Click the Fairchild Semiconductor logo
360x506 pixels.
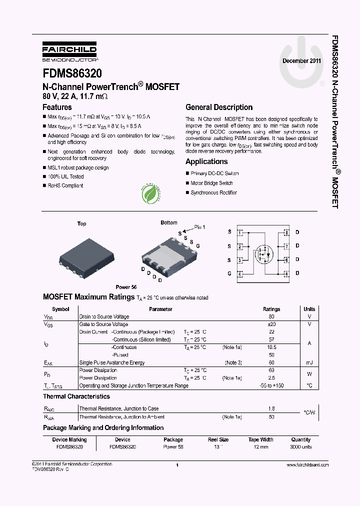point(69,52)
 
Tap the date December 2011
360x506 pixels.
point(302,60)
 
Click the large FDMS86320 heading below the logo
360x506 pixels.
point(72,73)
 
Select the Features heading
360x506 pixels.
point(57,107)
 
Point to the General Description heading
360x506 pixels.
point(219,107)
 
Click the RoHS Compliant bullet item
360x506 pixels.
point(65,185)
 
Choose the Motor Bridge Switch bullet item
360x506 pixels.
point(211,183)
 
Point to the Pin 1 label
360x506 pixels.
point(199,227)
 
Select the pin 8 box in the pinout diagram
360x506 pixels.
point(286,232)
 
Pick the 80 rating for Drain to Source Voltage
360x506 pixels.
point(271,316)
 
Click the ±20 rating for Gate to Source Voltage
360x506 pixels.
point(271,324)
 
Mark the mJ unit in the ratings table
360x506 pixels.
point(309,362)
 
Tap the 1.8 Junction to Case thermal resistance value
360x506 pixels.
point(271,408)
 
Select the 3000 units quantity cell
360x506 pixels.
point(300,446)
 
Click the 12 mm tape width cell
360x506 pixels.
point(260,446)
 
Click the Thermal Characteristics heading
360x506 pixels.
point(76,396)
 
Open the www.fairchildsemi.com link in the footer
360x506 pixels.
point(307,465)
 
